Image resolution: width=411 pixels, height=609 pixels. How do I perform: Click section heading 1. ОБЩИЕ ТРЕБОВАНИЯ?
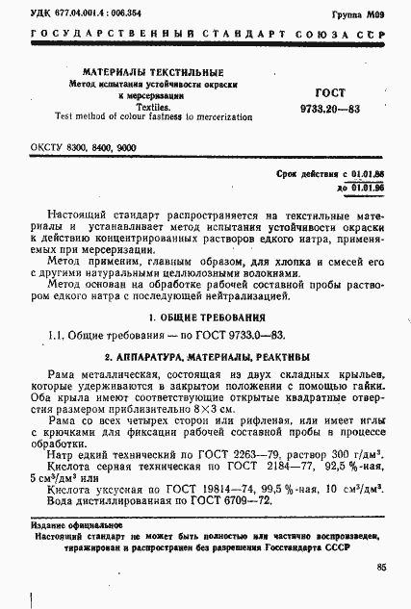point(205,317)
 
